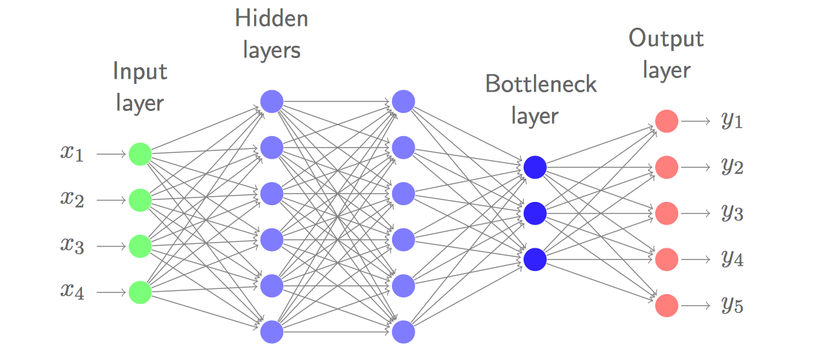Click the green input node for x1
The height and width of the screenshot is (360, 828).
point(140,154)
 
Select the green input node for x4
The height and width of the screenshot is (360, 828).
point(140,292)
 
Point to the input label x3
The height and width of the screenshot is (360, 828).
point(72,245)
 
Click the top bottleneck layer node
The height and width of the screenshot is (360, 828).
point(535,167)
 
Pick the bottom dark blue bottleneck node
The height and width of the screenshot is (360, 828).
point(535,259)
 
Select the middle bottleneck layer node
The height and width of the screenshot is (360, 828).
point(535,214)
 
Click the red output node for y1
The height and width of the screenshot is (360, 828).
point(667,121)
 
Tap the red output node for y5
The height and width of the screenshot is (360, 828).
point(667,306)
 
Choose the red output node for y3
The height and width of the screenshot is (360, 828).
point(667,214)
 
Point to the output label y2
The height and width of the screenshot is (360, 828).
point(733,167)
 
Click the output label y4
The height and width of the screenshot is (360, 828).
point(733,259)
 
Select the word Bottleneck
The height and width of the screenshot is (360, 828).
point(541,84)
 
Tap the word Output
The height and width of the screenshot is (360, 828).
point(666,39)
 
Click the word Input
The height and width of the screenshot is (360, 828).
point(140,71)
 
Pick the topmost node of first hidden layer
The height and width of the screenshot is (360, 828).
point(271,101)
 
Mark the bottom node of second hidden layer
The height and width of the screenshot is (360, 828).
point(403,332)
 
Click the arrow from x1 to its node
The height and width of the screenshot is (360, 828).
point(112,154)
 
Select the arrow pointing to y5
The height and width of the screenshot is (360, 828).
point(695,306)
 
